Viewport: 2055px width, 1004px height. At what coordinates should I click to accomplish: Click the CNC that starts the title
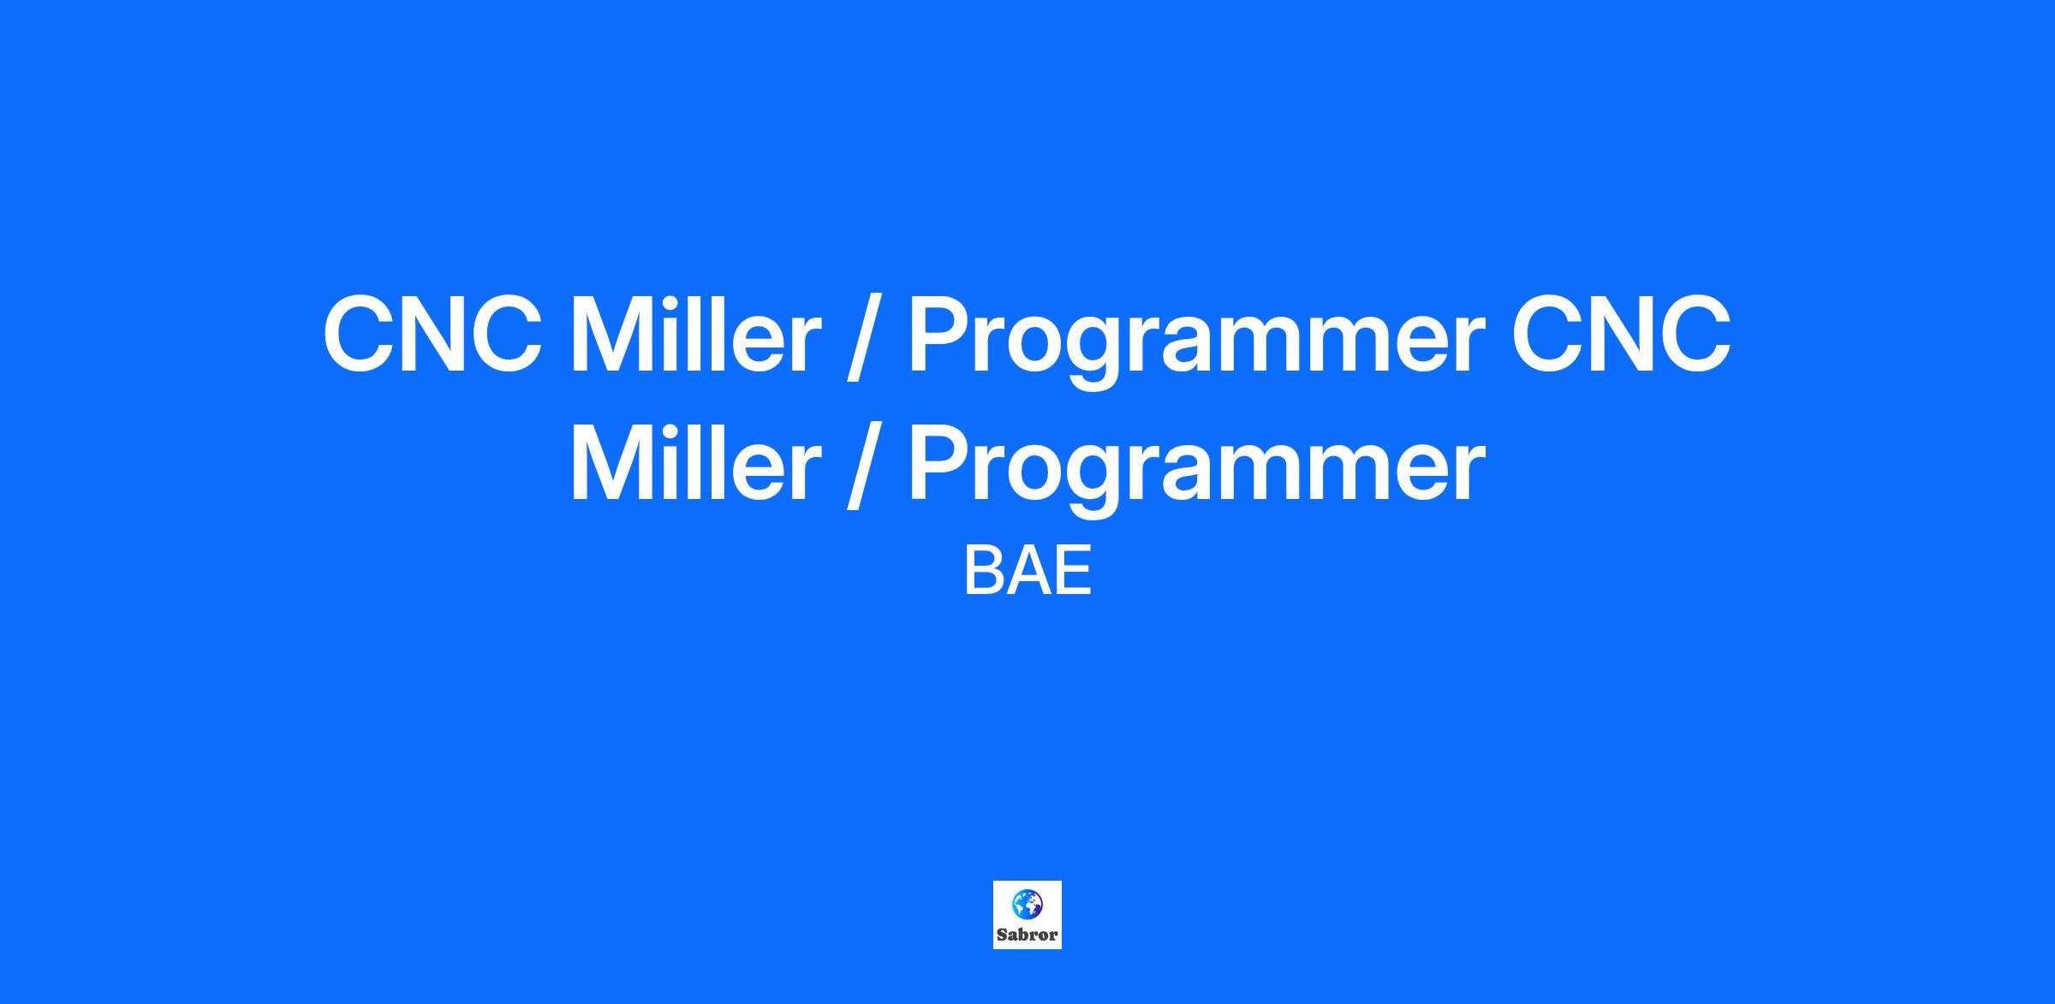tap(433, 335)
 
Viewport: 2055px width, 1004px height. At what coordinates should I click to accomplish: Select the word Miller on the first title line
tap(695, 333)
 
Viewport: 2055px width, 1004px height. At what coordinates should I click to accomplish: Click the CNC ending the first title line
tap(1622, 335)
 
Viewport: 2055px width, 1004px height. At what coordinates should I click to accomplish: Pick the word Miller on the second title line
tap(695, 462)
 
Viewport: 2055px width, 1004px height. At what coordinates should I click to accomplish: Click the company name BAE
tap(1027, 573)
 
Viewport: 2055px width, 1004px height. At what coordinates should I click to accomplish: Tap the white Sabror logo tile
tap(1027, 915)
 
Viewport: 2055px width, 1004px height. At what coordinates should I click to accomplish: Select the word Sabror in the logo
tap(1027, 935)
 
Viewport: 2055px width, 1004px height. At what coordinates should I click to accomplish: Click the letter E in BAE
tap(1075, 573)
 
